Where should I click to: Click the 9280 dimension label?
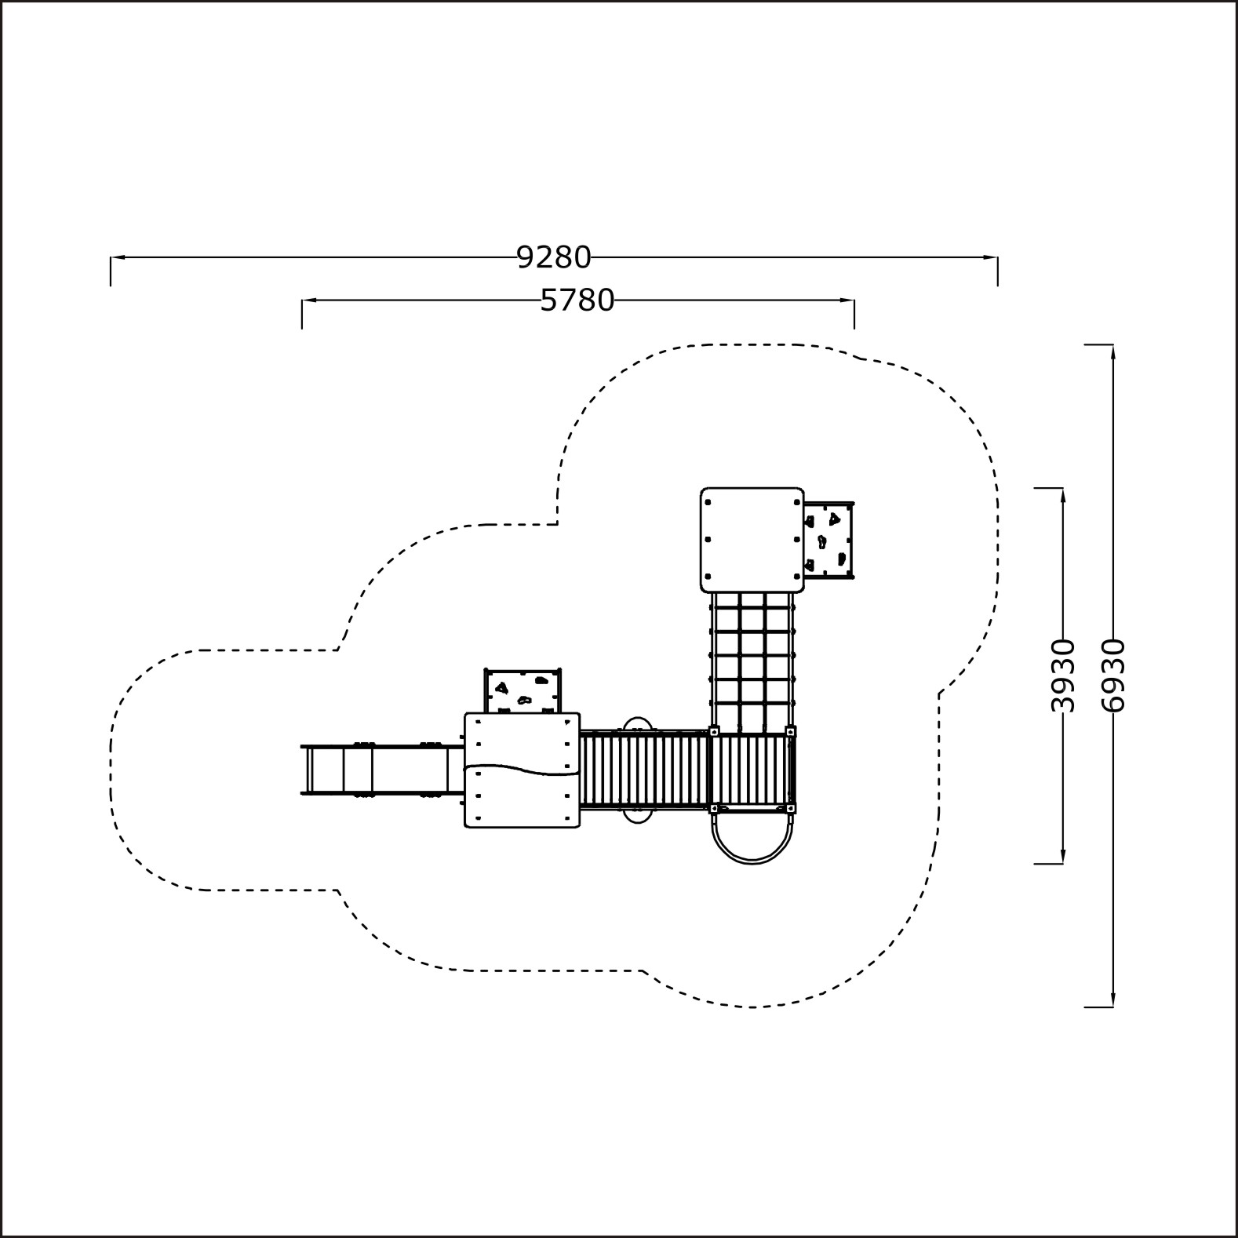pyautogui.click(x=554, y=257)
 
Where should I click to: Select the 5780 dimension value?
pyautogui.click(x=577, y=300)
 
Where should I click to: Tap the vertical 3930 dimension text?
pyautogui.click(x=1062, y=675)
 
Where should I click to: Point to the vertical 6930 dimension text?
pyautogui.click(x=1112, y=675)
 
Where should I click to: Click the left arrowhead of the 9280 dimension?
pyautogui.click(x=116, y=257)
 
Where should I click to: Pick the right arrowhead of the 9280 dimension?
pyautogui.click(x=992, y=257)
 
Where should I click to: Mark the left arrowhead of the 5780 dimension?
pyautogui.click(x=308, y=300)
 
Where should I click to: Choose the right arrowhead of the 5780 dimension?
pyautogui.click(x=848, y=300)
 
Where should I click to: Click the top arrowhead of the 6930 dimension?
pyautogui.click(x=1112, y=351)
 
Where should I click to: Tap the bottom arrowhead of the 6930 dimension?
pyautogui.click(x=1112, y=1000)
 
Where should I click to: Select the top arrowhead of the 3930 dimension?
pyautogui.click(x=1062, y=494)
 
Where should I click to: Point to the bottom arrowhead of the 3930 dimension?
pyautogui.click(x=1062, y=857)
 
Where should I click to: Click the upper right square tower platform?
pyautogui.click(x=752, y=540)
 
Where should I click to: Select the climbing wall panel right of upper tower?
pyautogui.click(x=828, y=541)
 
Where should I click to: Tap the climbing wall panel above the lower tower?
pyautogui.click(x=523, y=691)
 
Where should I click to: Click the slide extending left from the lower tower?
pyautogui.click(x=383, y=769)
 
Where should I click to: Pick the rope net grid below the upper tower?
pyautogui.click(x=752, y=661)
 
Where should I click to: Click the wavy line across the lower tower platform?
pyautogui.click(x=522, y=768)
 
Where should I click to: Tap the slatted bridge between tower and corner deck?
pyautogui.click(x=644, y=769)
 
